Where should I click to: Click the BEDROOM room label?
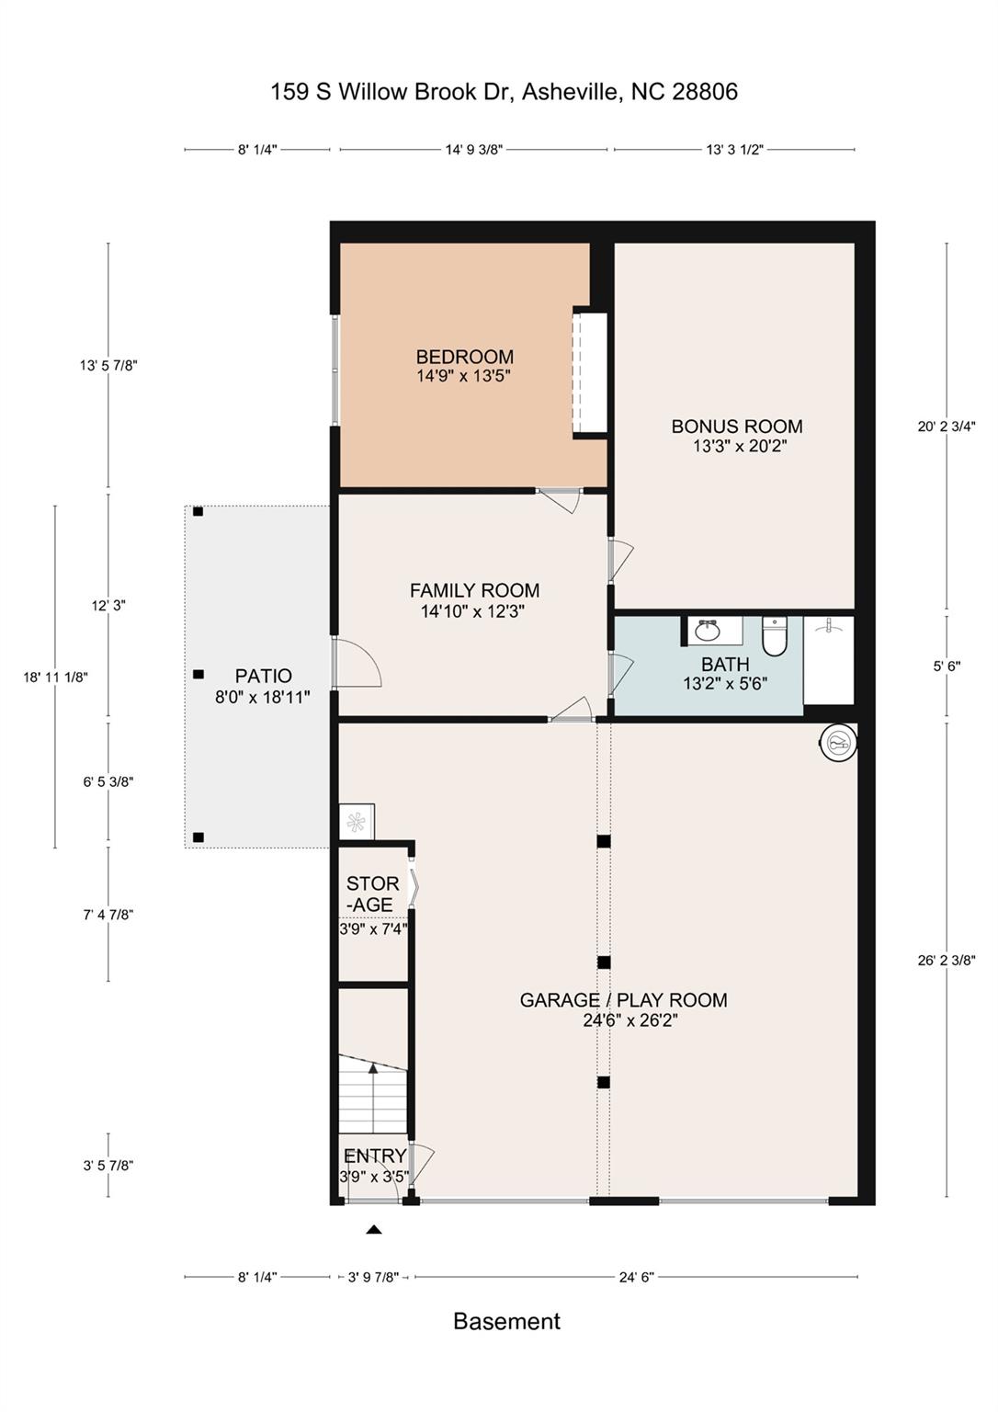point(464,357)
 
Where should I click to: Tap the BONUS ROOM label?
point(736,427)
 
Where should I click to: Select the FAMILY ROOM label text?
point(474,591)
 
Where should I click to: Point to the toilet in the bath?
point(775,637)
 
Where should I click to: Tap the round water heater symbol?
point(838,741)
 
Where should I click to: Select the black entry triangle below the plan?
point(374,1229)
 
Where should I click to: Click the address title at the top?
point(504,92)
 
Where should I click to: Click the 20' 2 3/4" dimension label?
point(947,427)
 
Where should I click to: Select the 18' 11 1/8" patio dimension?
point(55,678)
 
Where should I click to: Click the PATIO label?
point(264,676)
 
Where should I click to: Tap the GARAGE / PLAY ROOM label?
point(623,1000)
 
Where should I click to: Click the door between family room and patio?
point(357,662)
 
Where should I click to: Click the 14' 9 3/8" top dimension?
point(474,150)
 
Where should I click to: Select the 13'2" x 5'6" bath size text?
point(725,683)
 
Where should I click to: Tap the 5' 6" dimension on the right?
point(947,666)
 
